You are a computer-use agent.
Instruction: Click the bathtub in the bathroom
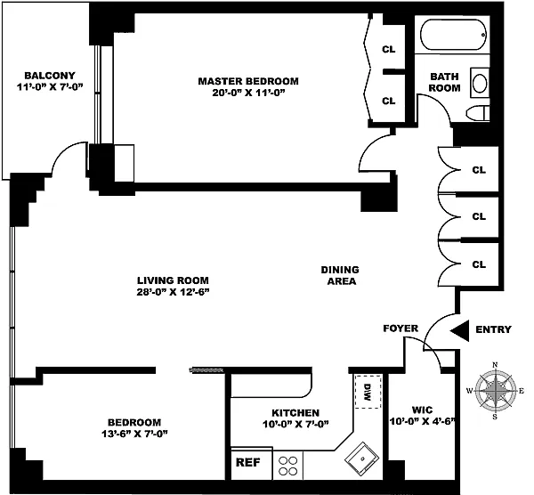coord(454,35)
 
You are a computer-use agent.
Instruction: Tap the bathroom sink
coord(480,83)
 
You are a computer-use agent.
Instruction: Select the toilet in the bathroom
coord(478,113)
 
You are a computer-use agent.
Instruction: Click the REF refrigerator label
coord(248,462)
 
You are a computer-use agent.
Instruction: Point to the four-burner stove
coord(287,466)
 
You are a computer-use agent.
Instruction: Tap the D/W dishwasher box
coord(368,392)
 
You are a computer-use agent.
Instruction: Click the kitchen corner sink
coord(361,458)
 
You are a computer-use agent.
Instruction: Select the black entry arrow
coord(459,330)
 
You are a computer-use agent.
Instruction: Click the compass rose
coord(495,391)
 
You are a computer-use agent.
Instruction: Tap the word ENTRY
coord(493,329)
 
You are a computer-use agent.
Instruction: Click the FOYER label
coord(400,329)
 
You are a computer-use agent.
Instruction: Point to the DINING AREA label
coord(341,275)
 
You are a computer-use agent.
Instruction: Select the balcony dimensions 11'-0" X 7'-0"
coord(50,87)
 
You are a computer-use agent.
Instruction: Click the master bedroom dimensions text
coord(248,93)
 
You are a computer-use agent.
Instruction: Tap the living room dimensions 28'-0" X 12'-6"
coord(173,292)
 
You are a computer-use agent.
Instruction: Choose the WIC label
coord(422,410)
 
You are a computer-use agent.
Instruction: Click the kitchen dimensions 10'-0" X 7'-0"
coord(295,424)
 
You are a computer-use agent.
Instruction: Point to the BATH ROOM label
coord(444,82)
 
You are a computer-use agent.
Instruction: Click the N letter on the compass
coord(495,365)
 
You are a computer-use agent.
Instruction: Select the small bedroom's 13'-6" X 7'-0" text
coord(134,434)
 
